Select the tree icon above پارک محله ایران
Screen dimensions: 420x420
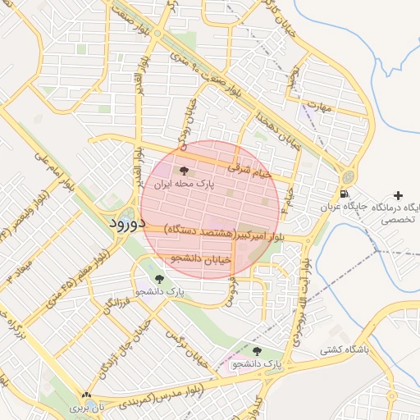184,171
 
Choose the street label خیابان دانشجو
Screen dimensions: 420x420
201,258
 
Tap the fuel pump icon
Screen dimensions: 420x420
342,194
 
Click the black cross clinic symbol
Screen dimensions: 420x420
398,195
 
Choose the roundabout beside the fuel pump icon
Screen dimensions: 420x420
350,176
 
